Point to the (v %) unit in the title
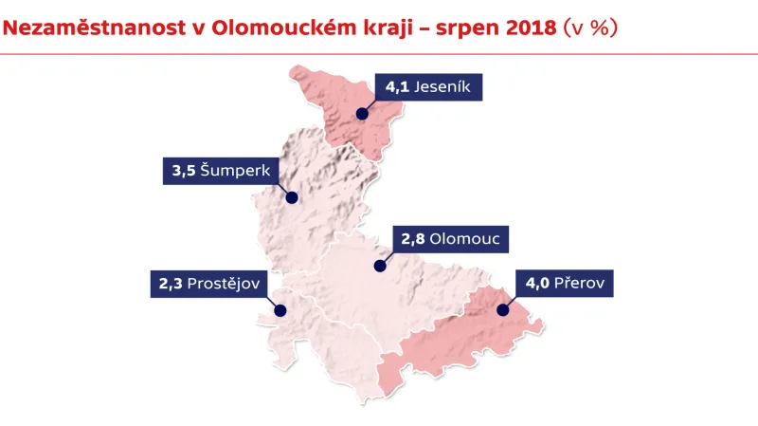590,28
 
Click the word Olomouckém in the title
286,28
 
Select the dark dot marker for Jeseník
362,113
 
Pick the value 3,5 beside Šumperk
184,172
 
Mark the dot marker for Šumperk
292,198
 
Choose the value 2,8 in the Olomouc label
413,239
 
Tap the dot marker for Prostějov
280,309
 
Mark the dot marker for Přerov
502,309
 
